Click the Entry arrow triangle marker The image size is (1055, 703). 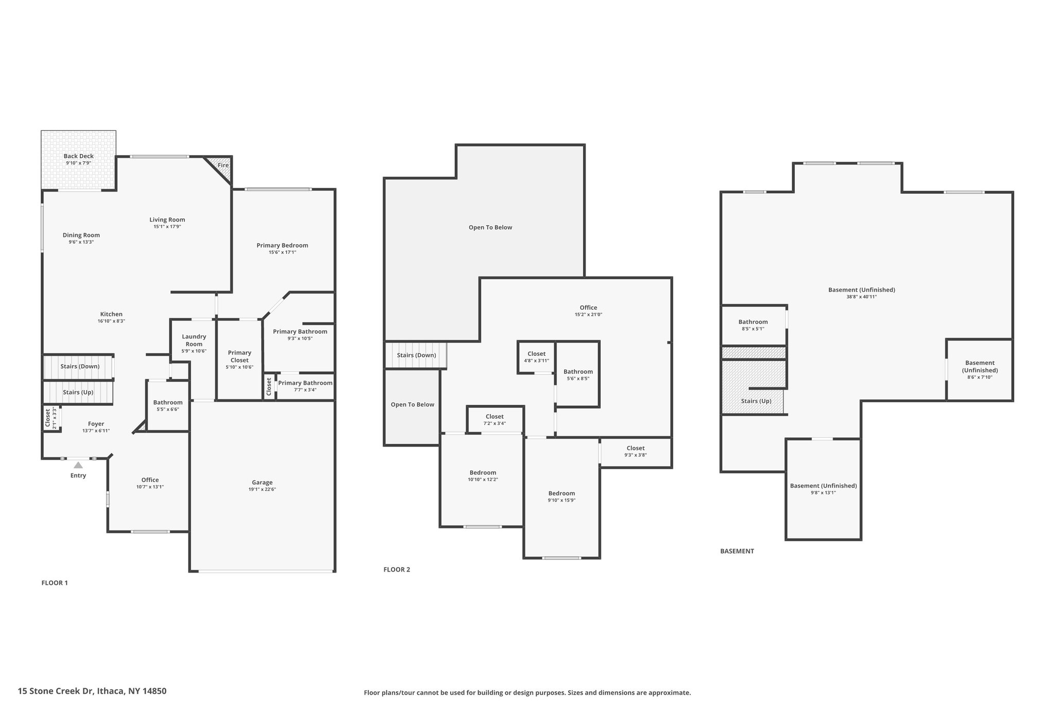(x=78, y=465)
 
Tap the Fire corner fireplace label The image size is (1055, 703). (x=223, y=165)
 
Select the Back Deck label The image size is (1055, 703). (x=79, y=156)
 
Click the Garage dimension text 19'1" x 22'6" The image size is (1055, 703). (x=262, y=489)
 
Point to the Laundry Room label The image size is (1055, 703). (x=194, y=340)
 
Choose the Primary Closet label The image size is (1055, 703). (x=240, y=356)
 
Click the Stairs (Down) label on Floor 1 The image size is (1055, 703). (x=80, y=366)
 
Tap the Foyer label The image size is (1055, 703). (x=96, y=424)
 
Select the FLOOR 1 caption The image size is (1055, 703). (x=55, y=583)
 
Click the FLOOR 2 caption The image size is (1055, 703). (x=397, y=570)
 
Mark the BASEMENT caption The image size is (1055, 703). (x=737, y=551)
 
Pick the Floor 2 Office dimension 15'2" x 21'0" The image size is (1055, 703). (x=589, y=314)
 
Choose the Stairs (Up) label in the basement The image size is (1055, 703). (x=756, y=401)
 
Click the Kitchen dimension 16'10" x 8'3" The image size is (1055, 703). (x=111, y=321)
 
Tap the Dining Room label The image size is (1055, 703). (x=81, y=235)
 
